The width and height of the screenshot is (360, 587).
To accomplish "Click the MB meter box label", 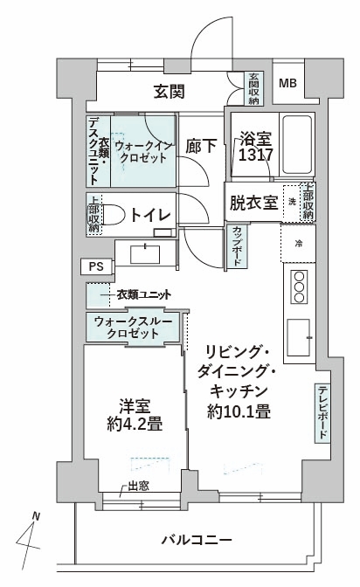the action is coord(287,83).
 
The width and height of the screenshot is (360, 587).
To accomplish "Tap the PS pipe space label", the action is coord(96,266).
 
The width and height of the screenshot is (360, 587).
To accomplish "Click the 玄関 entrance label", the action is coord(170,92).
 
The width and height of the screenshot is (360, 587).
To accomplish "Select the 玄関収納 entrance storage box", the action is coord(254,88).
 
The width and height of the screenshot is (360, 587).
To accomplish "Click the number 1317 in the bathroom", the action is coord(255,155).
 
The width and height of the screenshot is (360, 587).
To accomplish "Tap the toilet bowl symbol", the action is coord(113,215).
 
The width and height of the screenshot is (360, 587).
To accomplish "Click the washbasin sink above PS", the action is coord(145,254).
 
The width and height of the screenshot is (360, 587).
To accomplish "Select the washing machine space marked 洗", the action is coord(292,202).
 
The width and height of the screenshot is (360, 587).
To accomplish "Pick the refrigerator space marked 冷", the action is coord(299,244).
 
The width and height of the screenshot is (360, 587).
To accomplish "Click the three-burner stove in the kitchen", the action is coord(299,287).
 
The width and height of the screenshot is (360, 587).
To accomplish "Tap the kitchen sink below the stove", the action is coord(299,338).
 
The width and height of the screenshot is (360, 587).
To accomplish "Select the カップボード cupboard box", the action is coord(237,246).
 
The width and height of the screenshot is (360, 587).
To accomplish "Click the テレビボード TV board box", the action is coord(322,413).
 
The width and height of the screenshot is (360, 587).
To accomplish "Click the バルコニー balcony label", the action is coord(197,540).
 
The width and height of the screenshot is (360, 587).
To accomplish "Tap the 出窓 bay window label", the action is coord(139,487).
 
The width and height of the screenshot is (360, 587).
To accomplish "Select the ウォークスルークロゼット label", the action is coord(133,328).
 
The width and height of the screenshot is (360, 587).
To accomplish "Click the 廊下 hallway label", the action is coord(201,146).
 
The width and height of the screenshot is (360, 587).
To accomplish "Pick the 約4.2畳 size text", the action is coord(135,425).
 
